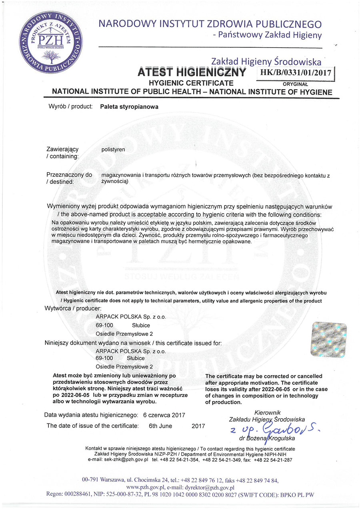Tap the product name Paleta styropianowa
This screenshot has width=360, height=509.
point(129,107)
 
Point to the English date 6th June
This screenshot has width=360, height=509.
point(160,426)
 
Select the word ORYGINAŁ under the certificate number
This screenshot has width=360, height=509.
point(295,84)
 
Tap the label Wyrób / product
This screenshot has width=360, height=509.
point(70,107)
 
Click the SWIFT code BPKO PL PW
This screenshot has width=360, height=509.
point(295,495)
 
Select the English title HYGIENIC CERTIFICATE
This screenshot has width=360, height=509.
point(191,83)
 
